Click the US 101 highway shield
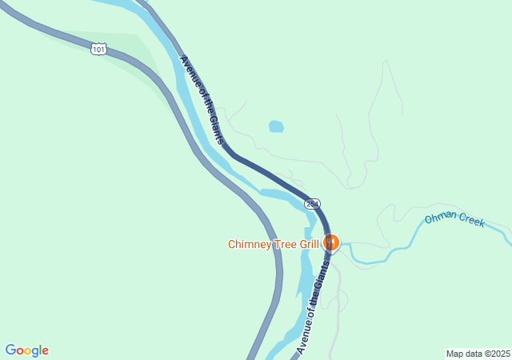pos(98,50)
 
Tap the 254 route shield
pos(313,204)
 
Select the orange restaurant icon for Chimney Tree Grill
pos(330,242)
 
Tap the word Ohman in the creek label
pos(439,217)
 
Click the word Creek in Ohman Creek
pos(470,220)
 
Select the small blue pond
pos(276,126)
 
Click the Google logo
pos(27,350)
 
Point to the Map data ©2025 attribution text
pos(478,354)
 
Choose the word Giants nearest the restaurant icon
pos(322,276)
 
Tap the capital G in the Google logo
pos(10,350)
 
